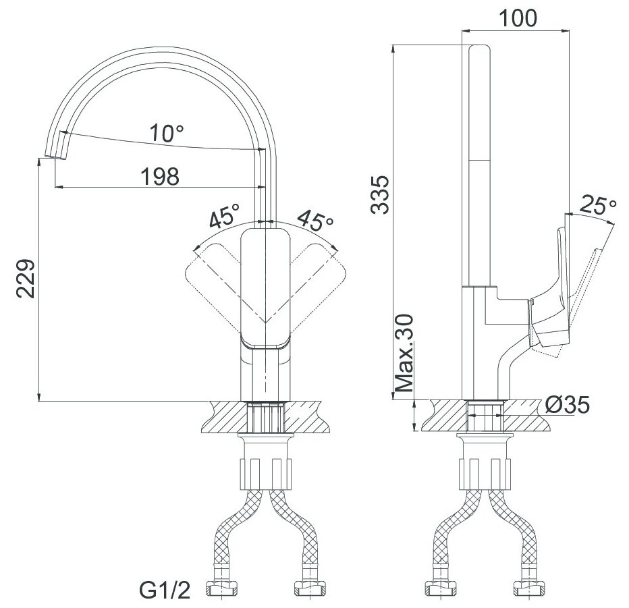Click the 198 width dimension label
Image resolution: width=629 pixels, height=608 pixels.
point(160,177)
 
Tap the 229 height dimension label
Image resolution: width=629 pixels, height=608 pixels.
point(26,278)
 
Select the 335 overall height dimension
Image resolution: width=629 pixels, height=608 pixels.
point(380,194)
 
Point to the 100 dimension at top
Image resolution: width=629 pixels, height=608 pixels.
point(518,18)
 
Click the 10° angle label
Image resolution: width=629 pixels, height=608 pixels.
point(167,133)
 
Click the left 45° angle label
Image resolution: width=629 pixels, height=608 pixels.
point(224,216)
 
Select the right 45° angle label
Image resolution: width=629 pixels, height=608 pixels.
point(315,220)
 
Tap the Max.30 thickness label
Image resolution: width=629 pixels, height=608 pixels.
point(404,353)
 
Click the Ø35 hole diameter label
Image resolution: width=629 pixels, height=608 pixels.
point(567,405)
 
